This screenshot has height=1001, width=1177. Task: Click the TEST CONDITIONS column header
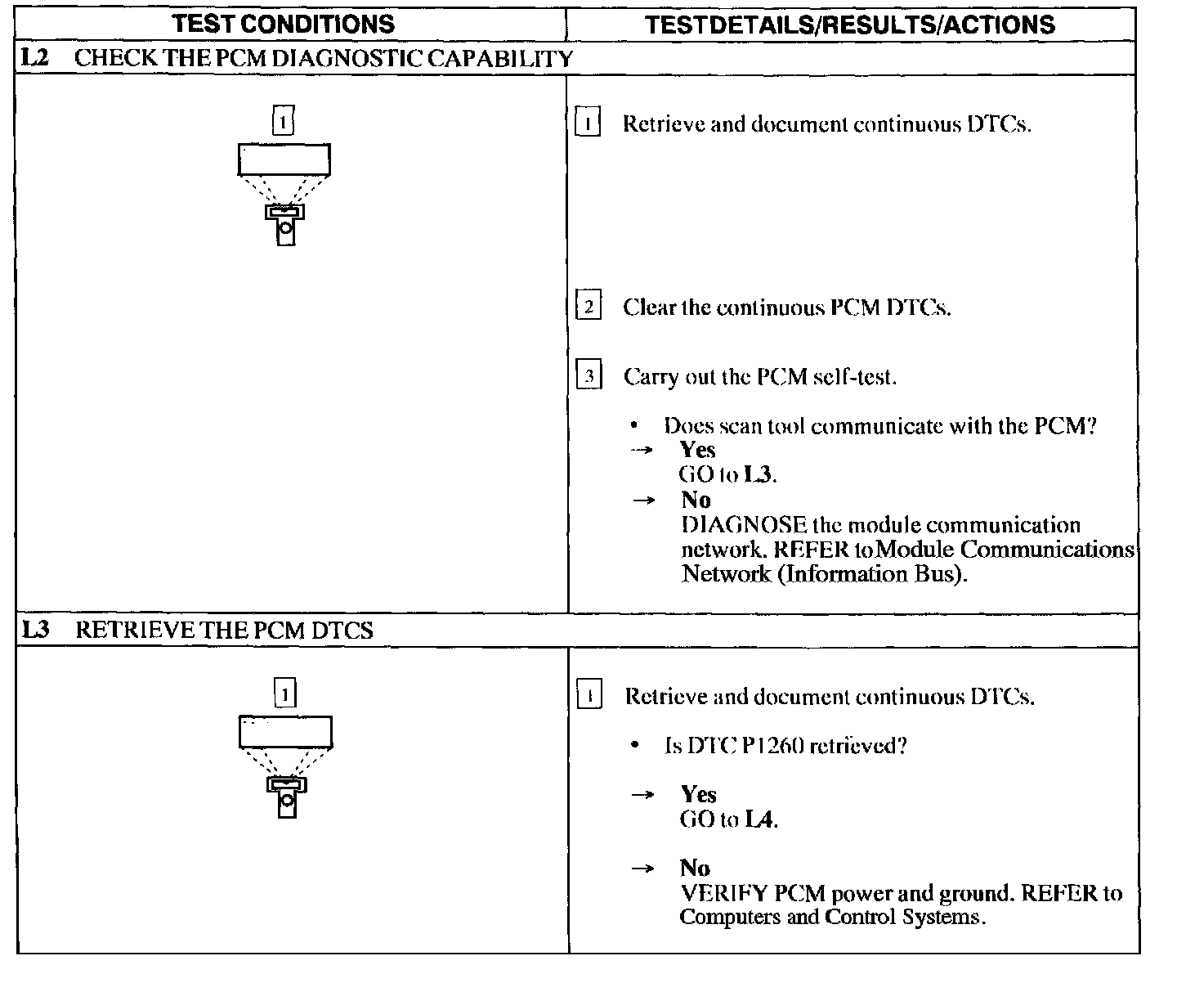click(x=284, y=24)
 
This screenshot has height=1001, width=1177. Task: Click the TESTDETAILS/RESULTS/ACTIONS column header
click(x=850, y=25)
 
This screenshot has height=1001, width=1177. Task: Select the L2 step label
click(x=37, y=58)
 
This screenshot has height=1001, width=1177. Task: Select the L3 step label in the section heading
click(x=37, y=630)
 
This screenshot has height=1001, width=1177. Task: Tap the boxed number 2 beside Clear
click(x=588, y=307)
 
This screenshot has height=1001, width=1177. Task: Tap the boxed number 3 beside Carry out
click(x=588, y=377)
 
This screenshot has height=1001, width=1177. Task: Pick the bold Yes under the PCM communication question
click(x=697, y=450)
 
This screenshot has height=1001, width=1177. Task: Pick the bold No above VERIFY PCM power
click(x=695, y=868)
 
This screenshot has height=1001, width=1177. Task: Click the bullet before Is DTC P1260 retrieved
click(x=634, y=746)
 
